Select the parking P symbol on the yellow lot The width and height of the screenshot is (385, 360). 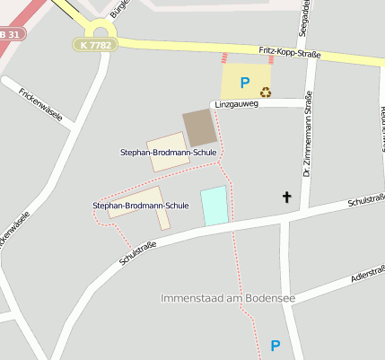click(x=244, y=83)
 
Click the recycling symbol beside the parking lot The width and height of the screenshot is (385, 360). click(x=266, y=91)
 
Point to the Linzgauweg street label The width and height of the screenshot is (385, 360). click(x=235, y=104)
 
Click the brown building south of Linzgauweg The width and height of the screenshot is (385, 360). click(x=199, y=127)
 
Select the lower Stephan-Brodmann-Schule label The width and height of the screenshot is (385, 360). click(x=141, y=206)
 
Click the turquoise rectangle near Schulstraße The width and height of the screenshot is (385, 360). click(x=214, y=206)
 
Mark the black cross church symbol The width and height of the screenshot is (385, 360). click(x=287, y=197)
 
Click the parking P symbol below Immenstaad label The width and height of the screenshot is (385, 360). click(x=276, y=346)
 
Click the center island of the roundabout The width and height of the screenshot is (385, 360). click(x=101, y=32)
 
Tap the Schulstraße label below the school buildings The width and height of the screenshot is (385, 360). click(x=138, y=252)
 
